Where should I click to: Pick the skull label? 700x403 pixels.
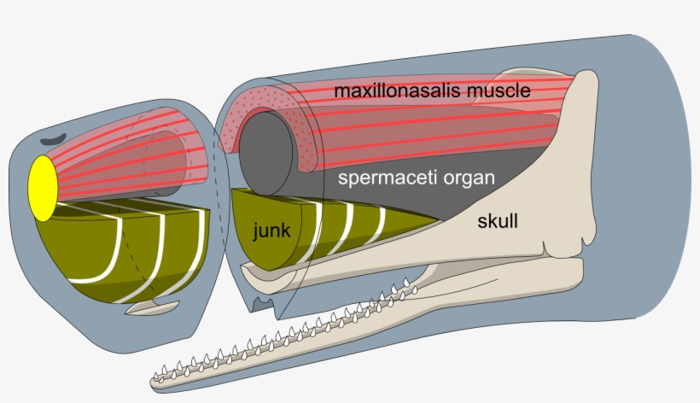(497, 222)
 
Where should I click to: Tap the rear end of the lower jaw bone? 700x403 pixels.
(572, 273)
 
